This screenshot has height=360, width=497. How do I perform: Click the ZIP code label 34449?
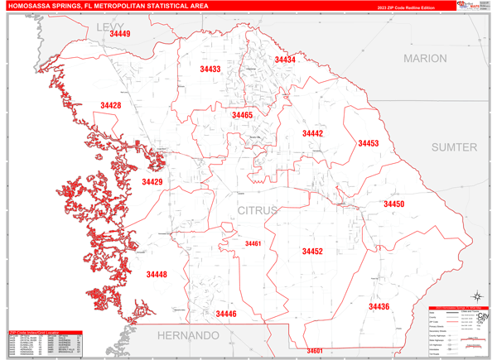pyautogui.click(x=119, y=35)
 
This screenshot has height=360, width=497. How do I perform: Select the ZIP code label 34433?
pyautogui.click(x=210, y=70)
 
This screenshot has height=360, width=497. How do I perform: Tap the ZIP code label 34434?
pyautogui.click(x=285, y=60)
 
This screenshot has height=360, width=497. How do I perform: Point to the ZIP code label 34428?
pyautogui.click(x=110, y=106)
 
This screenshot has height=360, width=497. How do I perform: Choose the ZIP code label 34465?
pyautogui.click(x=242, y=116)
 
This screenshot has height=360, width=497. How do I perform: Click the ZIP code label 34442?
pyautogui.click(x=312, y=133)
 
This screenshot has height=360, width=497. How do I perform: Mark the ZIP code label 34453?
pyautogui.click(x=368, y=144)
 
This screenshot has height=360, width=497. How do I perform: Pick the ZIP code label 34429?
pyautogui.click(x=152, y=182)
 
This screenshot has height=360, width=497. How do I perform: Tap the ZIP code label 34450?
pyautogui.click(x=393, y=204)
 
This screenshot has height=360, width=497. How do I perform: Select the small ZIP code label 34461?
pyautogui.click(x=253, y=244)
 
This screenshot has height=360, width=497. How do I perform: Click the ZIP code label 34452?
pyautogui.click(x=312, y=252)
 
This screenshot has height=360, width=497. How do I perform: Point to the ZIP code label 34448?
pyautogui.click(x=157, y=275)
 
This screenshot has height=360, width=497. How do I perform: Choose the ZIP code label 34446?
pyautogui.click(x=225, y=314)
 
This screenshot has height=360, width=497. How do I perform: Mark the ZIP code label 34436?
pyautogui.click(x=379, y=307)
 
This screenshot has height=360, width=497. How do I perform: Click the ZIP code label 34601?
pyautogui.click(x=314, y=351)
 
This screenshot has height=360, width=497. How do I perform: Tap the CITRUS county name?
pyautogui.click(x=258, y=211)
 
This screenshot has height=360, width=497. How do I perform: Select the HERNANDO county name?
pyautogui.click(x=189, y=336)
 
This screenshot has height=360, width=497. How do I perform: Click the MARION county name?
pyautogui.click(x=425, y=59)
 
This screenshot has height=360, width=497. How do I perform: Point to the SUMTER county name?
pyautogui.click(x=454, y=147)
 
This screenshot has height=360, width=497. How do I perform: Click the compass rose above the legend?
pyautogui.click(x=477, y=296)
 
